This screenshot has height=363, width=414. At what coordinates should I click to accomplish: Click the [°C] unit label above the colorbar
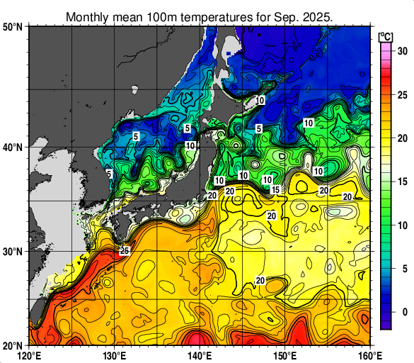click(386, 35)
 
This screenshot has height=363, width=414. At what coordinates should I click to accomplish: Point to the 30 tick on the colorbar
click(401, 51)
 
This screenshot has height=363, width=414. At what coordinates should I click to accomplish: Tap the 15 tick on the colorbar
click(401, 181)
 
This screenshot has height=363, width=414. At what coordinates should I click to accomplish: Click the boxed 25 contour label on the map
click(124, 251)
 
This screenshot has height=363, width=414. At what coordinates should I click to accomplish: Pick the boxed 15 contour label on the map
click(275, 190)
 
